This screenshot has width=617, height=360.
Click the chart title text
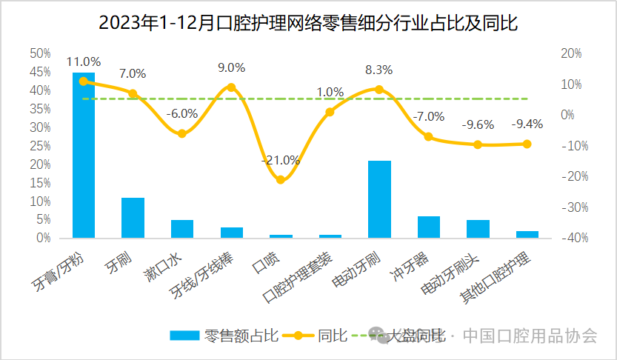click(x=308, y=22)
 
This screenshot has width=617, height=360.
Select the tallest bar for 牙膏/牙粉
click(x=83, y=155)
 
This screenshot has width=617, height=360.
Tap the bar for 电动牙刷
click(x=379, y=199)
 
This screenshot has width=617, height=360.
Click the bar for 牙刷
click(x=133, y=218)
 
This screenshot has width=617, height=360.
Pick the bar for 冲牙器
click(x=429, y=227)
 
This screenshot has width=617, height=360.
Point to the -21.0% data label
click(x=280, y=160)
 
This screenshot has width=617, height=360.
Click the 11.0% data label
click(x=83, y=62)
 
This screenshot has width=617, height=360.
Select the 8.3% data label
click(x=379, y=70)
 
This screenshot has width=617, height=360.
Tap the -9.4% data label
click(x=527, y=124)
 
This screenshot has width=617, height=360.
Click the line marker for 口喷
click(x=280, y=179)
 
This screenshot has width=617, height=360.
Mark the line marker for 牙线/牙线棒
click(x=231, y=87)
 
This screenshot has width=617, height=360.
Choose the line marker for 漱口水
click(x=181, y=133)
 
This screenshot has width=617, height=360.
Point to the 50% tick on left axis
click(x=40, y=53)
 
